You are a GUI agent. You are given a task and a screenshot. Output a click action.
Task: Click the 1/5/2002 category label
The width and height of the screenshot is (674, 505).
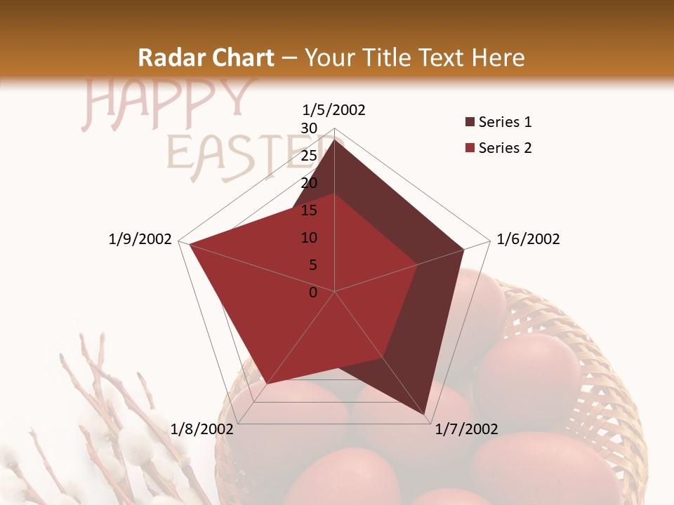(334, 109)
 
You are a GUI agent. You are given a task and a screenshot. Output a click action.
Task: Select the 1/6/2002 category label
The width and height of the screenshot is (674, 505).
(528, 239)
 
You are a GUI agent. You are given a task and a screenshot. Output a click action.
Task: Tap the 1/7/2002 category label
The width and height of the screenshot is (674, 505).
(466, 429)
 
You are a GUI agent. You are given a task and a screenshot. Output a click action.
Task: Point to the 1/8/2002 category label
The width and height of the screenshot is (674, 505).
(202, 429)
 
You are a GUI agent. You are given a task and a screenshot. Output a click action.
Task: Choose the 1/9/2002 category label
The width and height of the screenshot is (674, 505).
(140, 239)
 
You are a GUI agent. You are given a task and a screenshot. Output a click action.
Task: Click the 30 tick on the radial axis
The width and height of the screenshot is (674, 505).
(309, 128)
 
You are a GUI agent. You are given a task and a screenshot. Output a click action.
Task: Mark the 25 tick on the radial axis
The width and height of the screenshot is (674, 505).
(309, 156)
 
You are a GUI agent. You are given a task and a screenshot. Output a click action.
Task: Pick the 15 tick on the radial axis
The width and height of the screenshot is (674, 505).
(309, 210)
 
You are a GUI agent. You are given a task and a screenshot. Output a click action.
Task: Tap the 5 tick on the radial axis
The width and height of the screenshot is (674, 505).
(313, 265)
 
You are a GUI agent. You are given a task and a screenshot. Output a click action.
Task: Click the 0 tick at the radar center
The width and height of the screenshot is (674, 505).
(313, 292)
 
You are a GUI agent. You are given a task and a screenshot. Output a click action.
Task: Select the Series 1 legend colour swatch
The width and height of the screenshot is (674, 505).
(470, 123)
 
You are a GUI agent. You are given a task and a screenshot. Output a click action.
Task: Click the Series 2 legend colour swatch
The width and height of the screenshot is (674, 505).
(470, 148)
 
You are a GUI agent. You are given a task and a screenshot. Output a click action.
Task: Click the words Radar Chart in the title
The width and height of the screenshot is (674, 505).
(206, 58)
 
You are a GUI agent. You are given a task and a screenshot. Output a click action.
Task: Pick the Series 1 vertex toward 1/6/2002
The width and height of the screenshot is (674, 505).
(463, 249)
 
